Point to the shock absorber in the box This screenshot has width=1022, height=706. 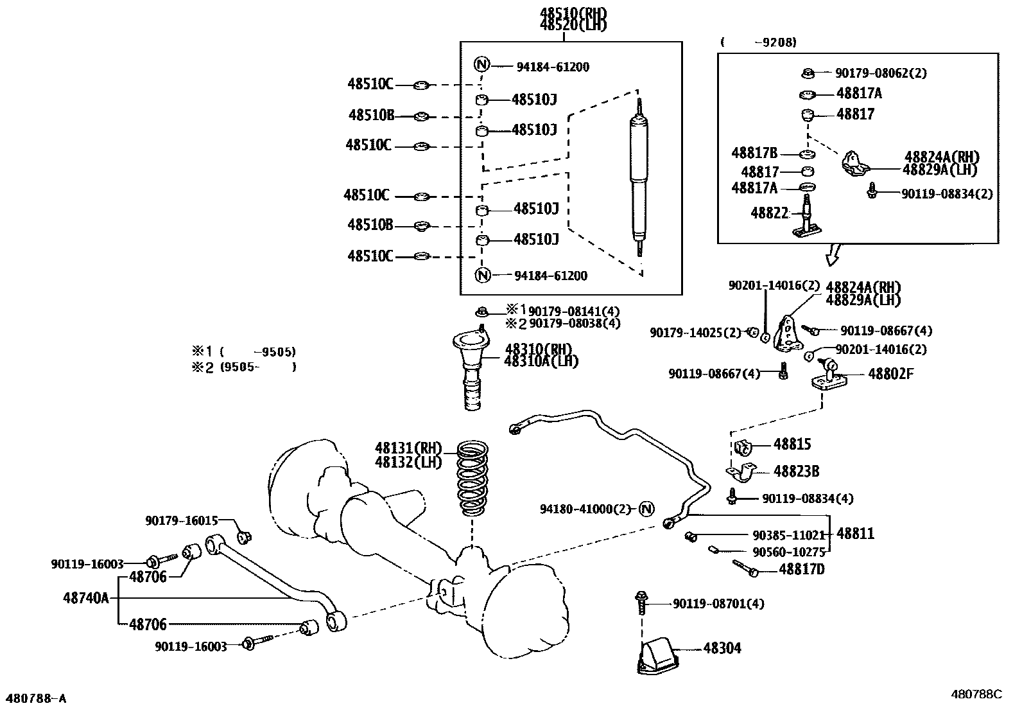[x=639, y=177]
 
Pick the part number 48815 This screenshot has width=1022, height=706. [x=792, y=444]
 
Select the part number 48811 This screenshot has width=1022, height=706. [x=855, y=534]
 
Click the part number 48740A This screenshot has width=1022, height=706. [x=86, y=598]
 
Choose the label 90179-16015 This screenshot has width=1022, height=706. [x=182, y=520]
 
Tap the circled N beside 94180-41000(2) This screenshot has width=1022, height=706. [x=646, y=509]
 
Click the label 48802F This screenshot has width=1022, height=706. [x=890, y=374]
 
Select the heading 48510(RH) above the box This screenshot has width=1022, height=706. [x=573, y=13]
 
